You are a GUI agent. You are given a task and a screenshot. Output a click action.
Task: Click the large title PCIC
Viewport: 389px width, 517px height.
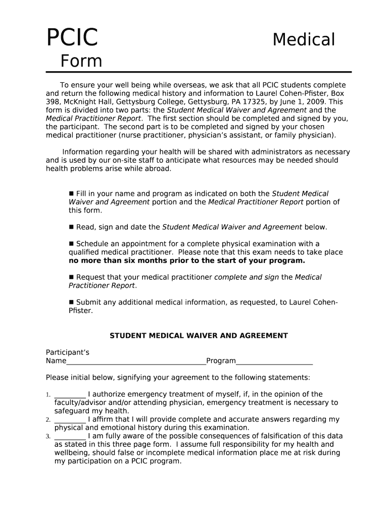(72, 38)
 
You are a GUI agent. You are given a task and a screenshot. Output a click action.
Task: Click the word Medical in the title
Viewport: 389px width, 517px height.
(304, 39)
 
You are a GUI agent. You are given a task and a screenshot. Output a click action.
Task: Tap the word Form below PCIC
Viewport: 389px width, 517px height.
(81, 62)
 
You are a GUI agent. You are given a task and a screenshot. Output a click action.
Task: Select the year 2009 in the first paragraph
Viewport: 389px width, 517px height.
(316, 101)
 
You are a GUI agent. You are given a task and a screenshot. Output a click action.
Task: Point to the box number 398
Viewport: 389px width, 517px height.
(53, 101)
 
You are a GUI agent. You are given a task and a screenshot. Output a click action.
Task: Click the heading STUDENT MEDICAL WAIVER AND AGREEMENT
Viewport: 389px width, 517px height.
(199, 336)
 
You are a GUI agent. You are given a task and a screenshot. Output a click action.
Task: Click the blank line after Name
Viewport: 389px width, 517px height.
(136, 361)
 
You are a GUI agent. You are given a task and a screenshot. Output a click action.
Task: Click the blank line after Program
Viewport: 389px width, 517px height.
(274, 361)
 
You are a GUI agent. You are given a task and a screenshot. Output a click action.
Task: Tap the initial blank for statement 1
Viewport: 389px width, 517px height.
(70, 395)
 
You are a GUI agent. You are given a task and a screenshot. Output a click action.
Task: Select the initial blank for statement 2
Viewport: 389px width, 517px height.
(70, 420)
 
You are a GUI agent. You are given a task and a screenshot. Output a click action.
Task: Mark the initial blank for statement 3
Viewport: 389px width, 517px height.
(70, 436)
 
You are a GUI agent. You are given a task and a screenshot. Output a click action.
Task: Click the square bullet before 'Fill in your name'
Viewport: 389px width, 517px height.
(71, 193)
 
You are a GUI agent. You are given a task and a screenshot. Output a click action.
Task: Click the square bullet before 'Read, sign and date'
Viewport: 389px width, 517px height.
(71, 227)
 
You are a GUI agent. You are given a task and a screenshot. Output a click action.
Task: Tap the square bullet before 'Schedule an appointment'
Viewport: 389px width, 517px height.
(71, 243)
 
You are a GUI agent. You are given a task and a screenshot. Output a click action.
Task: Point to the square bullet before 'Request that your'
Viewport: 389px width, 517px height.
(71, 277)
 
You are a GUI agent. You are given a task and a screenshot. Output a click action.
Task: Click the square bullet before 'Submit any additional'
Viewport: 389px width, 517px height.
(71, 302)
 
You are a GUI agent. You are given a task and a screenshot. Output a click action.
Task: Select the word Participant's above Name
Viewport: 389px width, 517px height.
(68, 352)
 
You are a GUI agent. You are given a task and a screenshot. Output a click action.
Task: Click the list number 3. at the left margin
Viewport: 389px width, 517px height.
(48, 436)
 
